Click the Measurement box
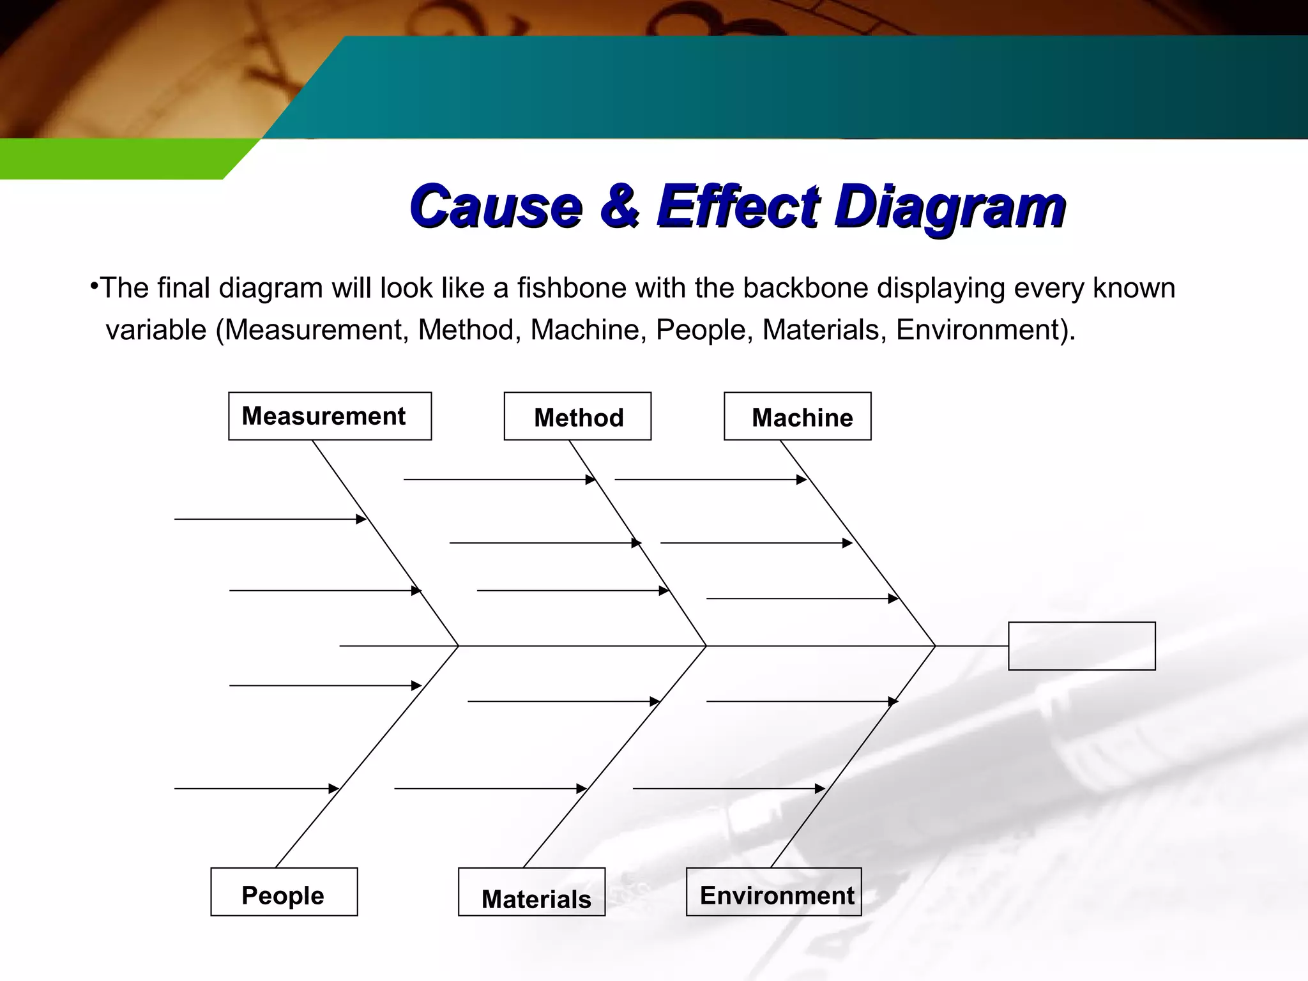(x=330, y=416)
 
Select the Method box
(x=577, y=417)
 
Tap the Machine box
(x=797, y=417)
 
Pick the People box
(x=284, y=892)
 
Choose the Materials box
(x=531, y=893)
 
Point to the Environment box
(x=773, y=892)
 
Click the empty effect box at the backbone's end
(x=1081, y=646)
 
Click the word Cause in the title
(x=496, y=206)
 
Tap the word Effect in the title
(x=737, y=206)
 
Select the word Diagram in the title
(x=950, y=206)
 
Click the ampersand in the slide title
(x=619, y=206)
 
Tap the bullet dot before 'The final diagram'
(x=93, y=285)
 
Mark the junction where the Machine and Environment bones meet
(x=935, y=646)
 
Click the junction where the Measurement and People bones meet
(x=459, y=646)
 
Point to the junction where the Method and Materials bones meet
(x=706, y=646)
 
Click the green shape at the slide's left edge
(x=115, y=158)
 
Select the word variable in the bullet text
(x=156, y=330)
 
